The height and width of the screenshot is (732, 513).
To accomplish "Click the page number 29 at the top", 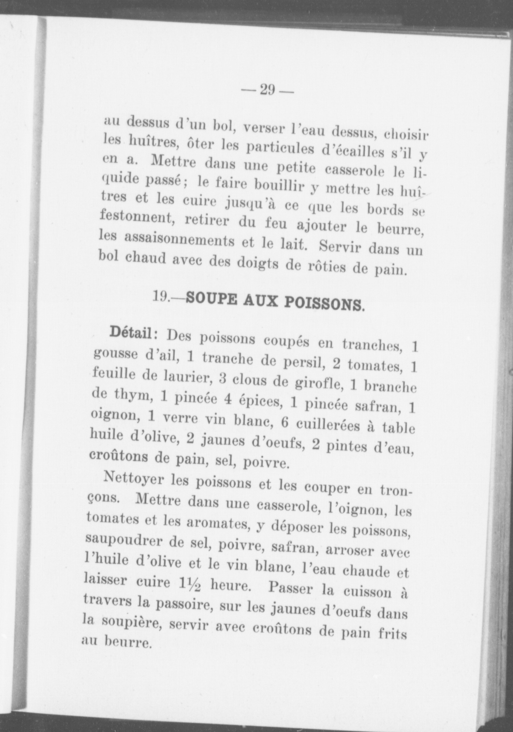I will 267,90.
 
